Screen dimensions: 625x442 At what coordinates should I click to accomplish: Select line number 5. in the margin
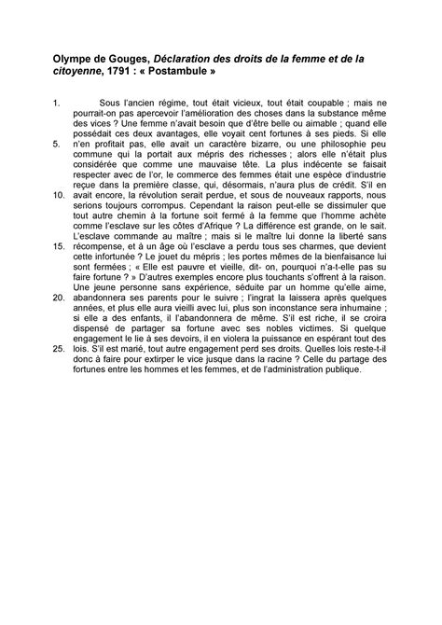point(58,144)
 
